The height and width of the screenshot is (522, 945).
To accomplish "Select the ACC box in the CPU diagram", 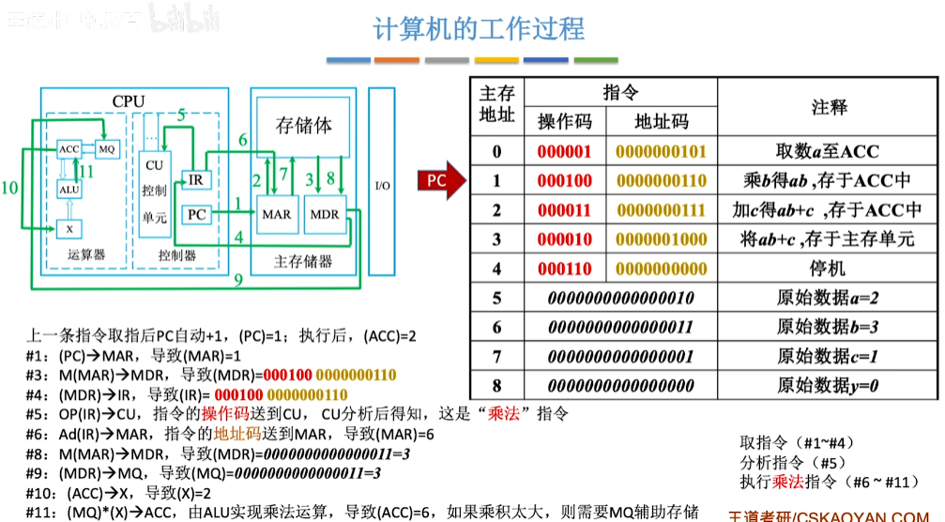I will [69, 149].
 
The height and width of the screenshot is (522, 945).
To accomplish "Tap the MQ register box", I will [106, 149].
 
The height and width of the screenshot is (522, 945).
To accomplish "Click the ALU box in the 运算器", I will [69, 188].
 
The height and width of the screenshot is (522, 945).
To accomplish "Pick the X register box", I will [69, 226].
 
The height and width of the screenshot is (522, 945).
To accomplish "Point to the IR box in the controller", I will [195, 179].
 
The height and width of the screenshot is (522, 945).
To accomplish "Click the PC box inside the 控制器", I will [196, 215].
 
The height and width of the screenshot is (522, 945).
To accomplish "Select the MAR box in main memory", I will [276, 214].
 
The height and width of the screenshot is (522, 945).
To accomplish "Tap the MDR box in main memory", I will [325, 214].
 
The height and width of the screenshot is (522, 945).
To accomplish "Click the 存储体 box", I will [303, 126].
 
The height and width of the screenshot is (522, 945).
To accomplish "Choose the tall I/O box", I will [382, 183].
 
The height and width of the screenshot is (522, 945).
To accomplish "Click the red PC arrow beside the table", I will [440, 180].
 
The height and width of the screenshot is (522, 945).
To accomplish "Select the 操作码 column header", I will [565, 121].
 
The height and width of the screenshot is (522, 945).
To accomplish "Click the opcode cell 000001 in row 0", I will [565, 152].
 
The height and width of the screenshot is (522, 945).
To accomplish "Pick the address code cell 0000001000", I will [663, 239].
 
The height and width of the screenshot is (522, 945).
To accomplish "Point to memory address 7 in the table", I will [497, 356].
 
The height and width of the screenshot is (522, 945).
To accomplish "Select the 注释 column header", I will [829, 107].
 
